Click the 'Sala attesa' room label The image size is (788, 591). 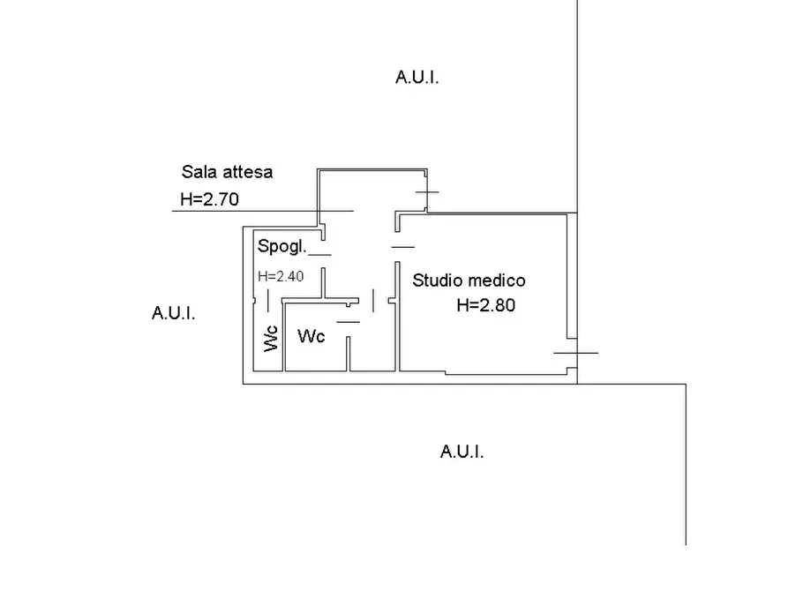point(227,172)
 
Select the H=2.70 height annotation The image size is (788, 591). point(209,200)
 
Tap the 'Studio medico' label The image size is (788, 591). point(469,281)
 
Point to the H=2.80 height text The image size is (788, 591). point(485,307)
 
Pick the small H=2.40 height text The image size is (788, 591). point(281,276)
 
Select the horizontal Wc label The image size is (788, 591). point(311,336)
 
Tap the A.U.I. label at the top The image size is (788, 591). point(417,78)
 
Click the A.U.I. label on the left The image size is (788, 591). point(173,313)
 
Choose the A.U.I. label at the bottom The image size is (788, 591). point(462,453)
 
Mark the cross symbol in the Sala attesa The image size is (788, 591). point(426,191)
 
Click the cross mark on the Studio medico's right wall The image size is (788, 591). point(575,353)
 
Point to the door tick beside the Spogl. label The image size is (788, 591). point(319,255)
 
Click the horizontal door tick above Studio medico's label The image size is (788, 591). point(402,247)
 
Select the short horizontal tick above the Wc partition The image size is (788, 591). point(349,321)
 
